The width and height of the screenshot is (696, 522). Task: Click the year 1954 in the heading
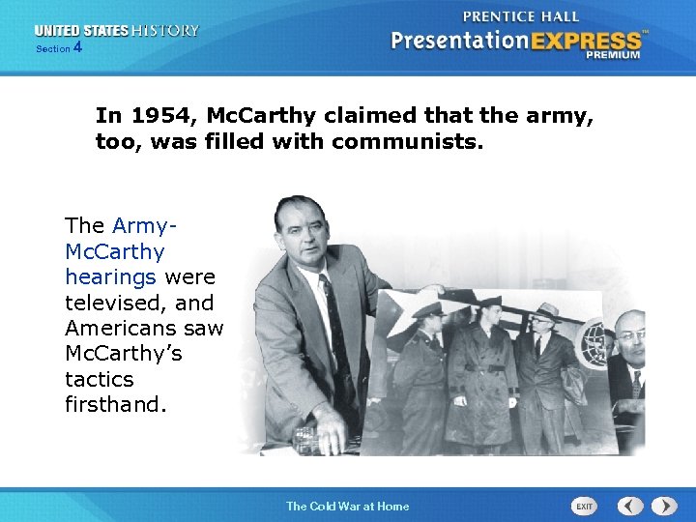pos(155,116)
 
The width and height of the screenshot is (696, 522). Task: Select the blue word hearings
pos(110,277)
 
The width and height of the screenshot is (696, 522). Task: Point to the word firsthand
pos(116,404)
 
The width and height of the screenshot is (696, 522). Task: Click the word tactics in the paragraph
pos(99,379)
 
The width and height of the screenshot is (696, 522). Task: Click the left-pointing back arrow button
pos(630,506)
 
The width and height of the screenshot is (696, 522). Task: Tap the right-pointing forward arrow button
pos(664,506)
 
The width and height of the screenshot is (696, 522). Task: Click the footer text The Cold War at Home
pos(347,506)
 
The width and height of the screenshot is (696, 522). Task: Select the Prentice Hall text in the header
pos(521,16)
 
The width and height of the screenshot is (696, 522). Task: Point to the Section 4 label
pos(59,47)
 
